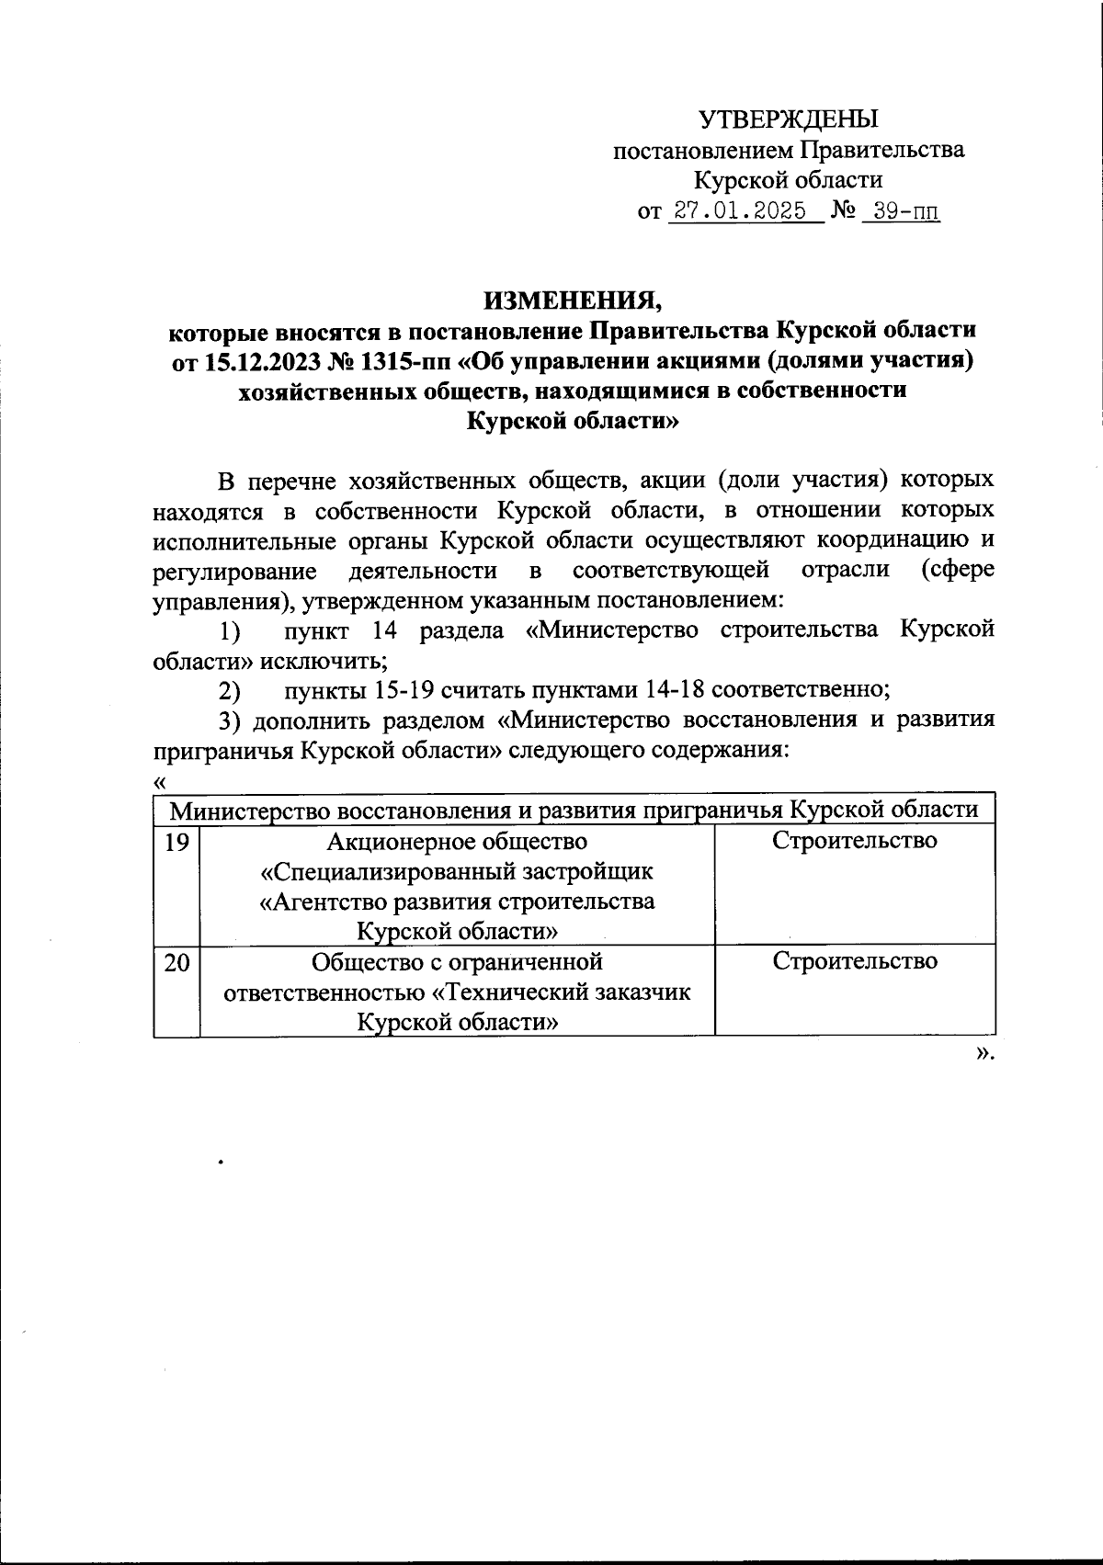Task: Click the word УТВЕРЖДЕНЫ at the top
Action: pos(789,119)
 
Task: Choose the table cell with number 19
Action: pos(176,841)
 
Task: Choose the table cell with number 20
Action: pos(176,962)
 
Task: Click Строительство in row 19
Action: pos(854,841)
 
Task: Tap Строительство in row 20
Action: pos(854,962)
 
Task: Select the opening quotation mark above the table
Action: pos(160,781)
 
